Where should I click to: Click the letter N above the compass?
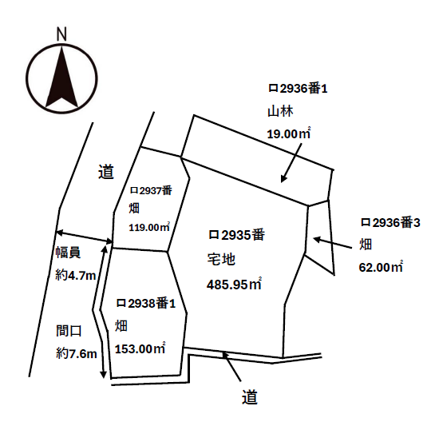point(61,34)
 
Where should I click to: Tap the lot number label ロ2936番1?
point(298,89)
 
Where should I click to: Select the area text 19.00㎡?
point(289,133)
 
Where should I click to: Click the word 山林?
point(280,111)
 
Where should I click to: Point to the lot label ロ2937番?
point(151,190)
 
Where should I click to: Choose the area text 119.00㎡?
point(149,227)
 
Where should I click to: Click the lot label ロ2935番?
point(236,235)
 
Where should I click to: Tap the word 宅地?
point(221,259)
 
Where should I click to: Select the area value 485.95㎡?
point(234,285)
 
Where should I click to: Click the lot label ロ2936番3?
point(390,223)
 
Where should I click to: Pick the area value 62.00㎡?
point(381,267)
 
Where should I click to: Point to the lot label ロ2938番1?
point(146,303)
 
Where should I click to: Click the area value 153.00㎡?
point(140,348)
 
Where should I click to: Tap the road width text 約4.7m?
point(76,276)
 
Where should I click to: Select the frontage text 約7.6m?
point(77,354)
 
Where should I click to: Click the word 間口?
point(69,331)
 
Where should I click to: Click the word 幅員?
point(68,253)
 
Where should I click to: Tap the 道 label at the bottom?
point(250,397)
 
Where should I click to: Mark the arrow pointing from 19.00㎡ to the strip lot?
point(291,163)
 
